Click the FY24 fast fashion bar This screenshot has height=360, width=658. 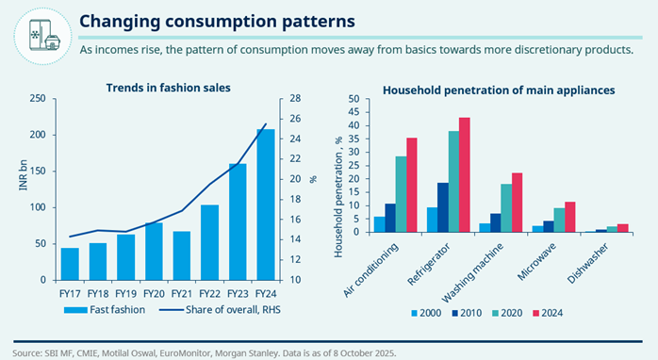(x=266, y=205)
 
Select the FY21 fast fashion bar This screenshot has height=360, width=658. (x=182, y=255)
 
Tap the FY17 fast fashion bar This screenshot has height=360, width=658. (x=70, y=264)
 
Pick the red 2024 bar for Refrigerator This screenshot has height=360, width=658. (x=465, y=174)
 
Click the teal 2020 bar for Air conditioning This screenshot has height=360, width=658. (x=401, y=194)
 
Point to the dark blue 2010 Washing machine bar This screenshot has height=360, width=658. (x=496, y=222)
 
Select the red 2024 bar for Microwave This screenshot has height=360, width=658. (x=570, y=217)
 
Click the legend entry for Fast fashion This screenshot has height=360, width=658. (x=105, y=310)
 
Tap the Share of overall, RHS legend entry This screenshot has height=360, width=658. (x=220, y=310)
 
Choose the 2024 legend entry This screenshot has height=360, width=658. (x=548, y=313)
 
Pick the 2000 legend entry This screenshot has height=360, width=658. (x=426, y=313)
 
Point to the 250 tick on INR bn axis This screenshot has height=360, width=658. (x=38, y=99)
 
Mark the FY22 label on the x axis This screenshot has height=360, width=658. (x=210, y=294)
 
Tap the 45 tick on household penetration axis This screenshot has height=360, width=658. (x=354, y=112)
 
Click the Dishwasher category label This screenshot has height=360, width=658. (x=588, y=263)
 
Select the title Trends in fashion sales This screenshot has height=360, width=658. (x=169, y=88)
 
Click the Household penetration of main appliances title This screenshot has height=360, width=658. (x=499, y=90)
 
